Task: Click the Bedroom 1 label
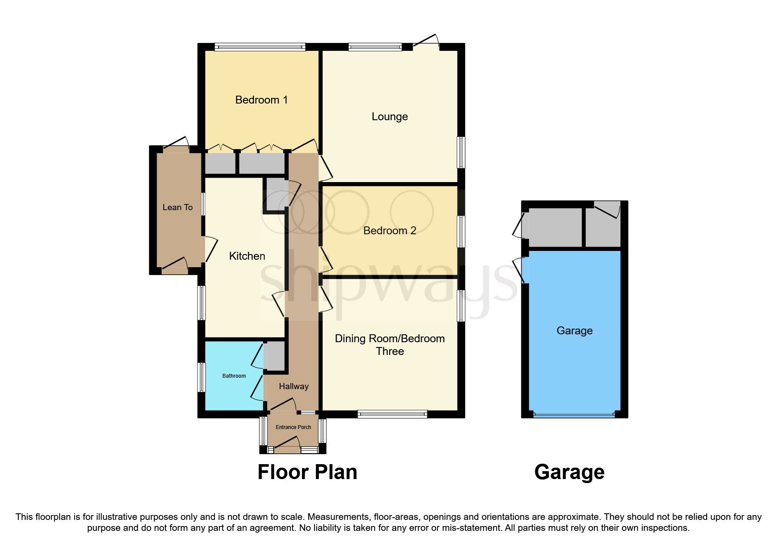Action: (x=261, y=100)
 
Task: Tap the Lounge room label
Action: (x=390, y=117)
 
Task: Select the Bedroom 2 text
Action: (x=390, y=231)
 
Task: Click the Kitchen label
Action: (x=247, y=256)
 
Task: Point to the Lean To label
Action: (x=177, y=208)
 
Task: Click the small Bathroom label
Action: (x=234, y=376)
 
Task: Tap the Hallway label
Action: (x=294, y=387)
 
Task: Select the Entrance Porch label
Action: (x=293, y=427)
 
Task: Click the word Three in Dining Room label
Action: (x=390, y=351)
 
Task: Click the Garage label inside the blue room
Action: (x=574, y=331)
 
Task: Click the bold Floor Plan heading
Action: (x=307, y=472)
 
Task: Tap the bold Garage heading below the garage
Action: (x=569, y=472)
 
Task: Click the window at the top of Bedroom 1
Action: (x=260, y=47)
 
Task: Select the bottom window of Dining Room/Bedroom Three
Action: (x=392, y=414)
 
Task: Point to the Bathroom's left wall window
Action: (x=201, y=376)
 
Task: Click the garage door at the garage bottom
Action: (x=574, y=414)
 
